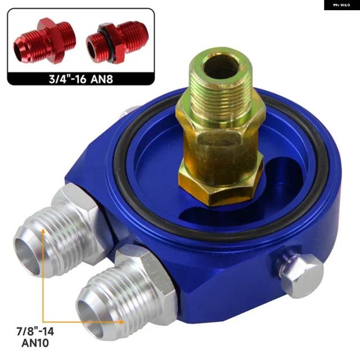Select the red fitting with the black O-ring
point(117,42)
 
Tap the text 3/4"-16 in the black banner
point(67,79)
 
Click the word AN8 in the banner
point(102,79)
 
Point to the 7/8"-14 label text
point(35,331)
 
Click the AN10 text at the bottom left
point(35,343)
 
